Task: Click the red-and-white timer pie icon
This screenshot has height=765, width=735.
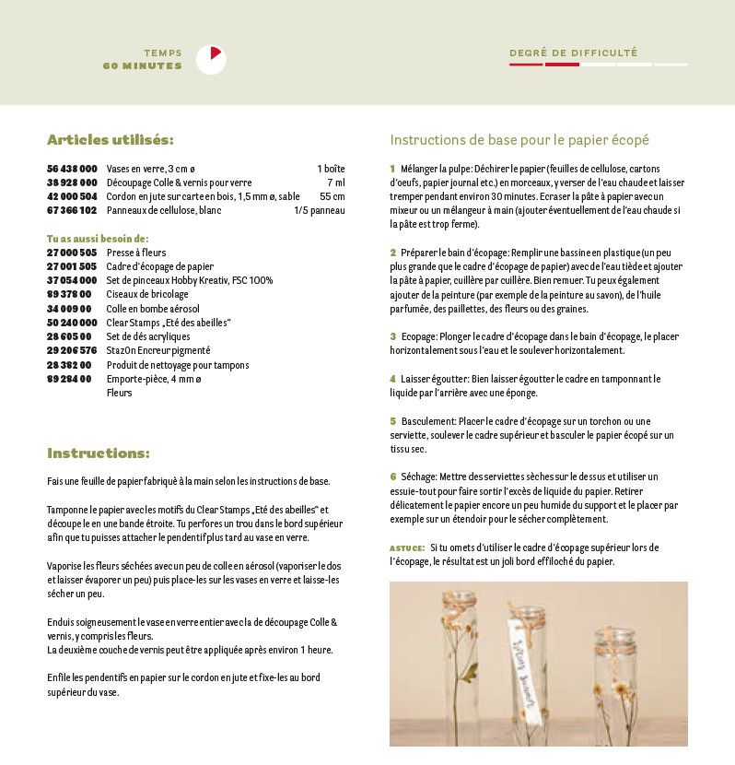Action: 211,60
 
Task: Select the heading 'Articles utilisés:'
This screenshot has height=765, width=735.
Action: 110,140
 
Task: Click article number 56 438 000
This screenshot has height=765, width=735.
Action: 72,169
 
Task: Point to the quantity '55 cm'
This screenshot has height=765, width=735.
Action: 332,196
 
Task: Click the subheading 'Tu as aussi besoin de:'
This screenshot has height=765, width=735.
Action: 98,238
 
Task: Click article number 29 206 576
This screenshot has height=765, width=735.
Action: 72,350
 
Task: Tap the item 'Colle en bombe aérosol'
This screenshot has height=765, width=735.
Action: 153,308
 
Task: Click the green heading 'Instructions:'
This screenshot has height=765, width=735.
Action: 98,453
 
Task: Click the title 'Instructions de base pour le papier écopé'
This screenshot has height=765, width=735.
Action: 519,140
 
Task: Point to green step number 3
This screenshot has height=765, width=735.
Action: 392,336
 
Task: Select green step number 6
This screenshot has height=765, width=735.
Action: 392,477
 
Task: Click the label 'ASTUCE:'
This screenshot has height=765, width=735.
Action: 407,547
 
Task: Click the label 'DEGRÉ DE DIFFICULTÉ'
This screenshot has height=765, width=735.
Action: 573,53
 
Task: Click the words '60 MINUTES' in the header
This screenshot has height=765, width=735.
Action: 143,66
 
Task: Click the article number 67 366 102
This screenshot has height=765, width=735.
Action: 72,210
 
